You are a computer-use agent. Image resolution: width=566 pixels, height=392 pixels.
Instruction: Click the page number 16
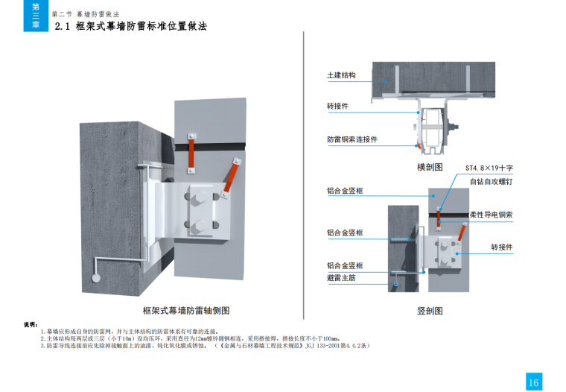533,382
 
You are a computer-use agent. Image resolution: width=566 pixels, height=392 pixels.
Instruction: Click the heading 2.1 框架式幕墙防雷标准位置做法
131,27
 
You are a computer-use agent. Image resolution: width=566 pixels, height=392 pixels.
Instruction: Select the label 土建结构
341,76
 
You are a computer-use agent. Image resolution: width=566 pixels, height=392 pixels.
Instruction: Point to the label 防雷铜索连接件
352,139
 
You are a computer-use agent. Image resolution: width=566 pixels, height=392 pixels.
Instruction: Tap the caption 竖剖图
430,310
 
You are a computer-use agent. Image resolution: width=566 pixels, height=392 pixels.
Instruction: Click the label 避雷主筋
341,277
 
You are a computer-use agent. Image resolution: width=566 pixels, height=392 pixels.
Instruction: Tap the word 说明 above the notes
31,325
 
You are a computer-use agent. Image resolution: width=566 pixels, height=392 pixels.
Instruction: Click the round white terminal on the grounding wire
96,277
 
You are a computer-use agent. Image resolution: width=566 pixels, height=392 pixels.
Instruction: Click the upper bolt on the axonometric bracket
203,199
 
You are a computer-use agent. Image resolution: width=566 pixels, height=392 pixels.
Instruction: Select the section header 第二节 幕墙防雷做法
86,14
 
